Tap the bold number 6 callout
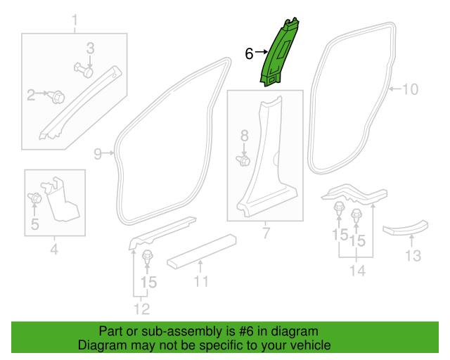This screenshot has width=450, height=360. [249, 53]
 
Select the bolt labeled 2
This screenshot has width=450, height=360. [58, 97]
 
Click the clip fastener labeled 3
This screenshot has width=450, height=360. [84, 70]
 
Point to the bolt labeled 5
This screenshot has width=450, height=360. [34, 198]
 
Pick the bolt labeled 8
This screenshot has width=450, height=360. [243, 160]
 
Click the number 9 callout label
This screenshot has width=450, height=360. [98, 154]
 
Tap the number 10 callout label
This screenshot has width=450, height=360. [411, 89]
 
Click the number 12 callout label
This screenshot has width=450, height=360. [142, 309]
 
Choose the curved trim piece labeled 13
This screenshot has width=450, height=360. [405, 228]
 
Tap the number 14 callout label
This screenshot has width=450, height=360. [358, 271]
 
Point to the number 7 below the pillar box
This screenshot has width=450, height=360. [266, 233]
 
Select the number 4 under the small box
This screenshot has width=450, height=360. [54, 249]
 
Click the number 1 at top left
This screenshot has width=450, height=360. [75, 20]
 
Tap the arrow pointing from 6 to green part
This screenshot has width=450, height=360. [262, 52]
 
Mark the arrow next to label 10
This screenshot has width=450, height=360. [395, 89]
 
